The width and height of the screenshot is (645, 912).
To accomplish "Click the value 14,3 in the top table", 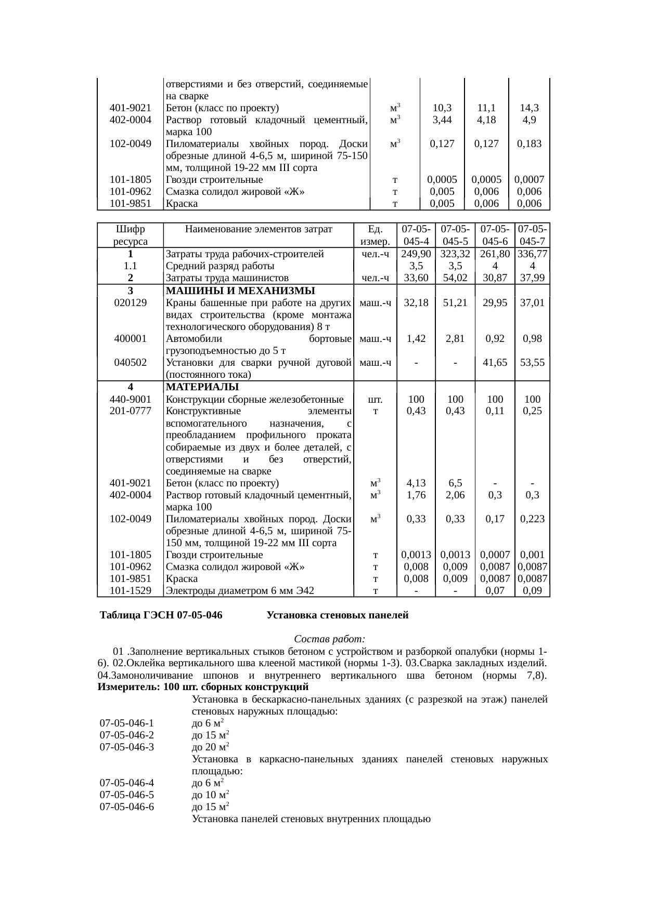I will point(529,108).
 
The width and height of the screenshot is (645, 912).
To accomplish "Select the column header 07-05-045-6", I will point(495,235).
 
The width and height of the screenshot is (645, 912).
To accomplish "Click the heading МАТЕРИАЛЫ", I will point(202,387).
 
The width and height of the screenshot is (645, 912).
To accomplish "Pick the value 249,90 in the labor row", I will point(416,254).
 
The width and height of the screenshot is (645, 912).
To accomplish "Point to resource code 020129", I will point(130,302).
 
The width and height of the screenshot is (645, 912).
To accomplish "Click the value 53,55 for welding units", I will point(532,363).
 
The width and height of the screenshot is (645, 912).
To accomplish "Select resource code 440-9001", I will point(130,400).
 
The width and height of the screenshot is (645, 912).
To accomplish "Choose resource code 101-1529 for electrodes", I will point(130,590).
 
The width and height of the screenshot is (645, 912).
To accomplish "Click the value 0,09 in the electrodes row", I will point(532,590).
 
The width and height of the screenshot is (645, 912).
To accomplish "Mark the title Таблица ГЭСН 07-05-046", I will point(161,615).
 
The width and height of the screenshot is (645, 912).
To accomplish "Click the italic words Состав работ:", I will point(330,638).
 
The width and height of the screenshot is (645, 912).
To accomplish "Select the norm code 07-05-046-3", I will point(127,747).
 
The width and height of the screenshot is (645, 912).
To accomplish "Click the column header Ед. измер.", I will point(375,235).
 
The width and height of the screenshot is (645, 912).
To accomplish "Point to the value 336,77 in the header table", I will point(532,254).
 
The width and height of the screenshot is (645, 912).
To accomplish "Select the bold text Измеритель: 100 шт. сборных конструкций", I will point(203,688).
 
